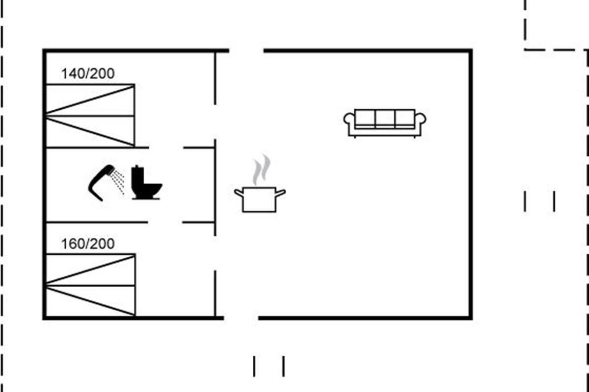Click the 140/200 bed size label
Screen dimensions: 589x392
pyautogui.click(x=88, y=73)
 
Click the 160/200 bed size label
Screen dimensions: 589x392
pyautogui.click(x=88, y=244)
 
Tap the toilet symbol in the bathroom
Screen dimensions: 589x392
pyautogui.click(x=146, y=182)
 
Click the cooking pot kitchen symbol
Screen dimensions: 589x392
pyautogui.click(x=260, y=199)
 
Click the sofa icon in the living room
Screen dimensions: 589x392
pyautogui.click(x=385, y=123)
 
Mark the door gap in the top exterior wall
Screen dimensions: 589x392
pyautogui.click(x=246, y=50)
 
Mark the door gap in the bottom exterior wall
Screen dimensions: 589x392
pyautogui.click(x=241, y=318)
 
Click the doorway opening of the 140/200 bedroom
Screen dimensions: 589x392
pyautogui.click(x=215, y=122)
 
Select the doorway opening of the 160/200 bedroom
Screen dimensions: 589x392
pyautogui.click(x=215, y=253)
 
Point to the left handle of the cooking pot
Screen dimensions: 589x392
pyautogui.click(x=239, y=193)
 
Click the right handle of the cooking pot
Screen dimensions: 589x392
pyautogui.click(x=281, y=193)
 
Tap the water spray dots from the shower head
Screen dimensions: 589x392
pyautogui.click(x=118, y=182)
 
